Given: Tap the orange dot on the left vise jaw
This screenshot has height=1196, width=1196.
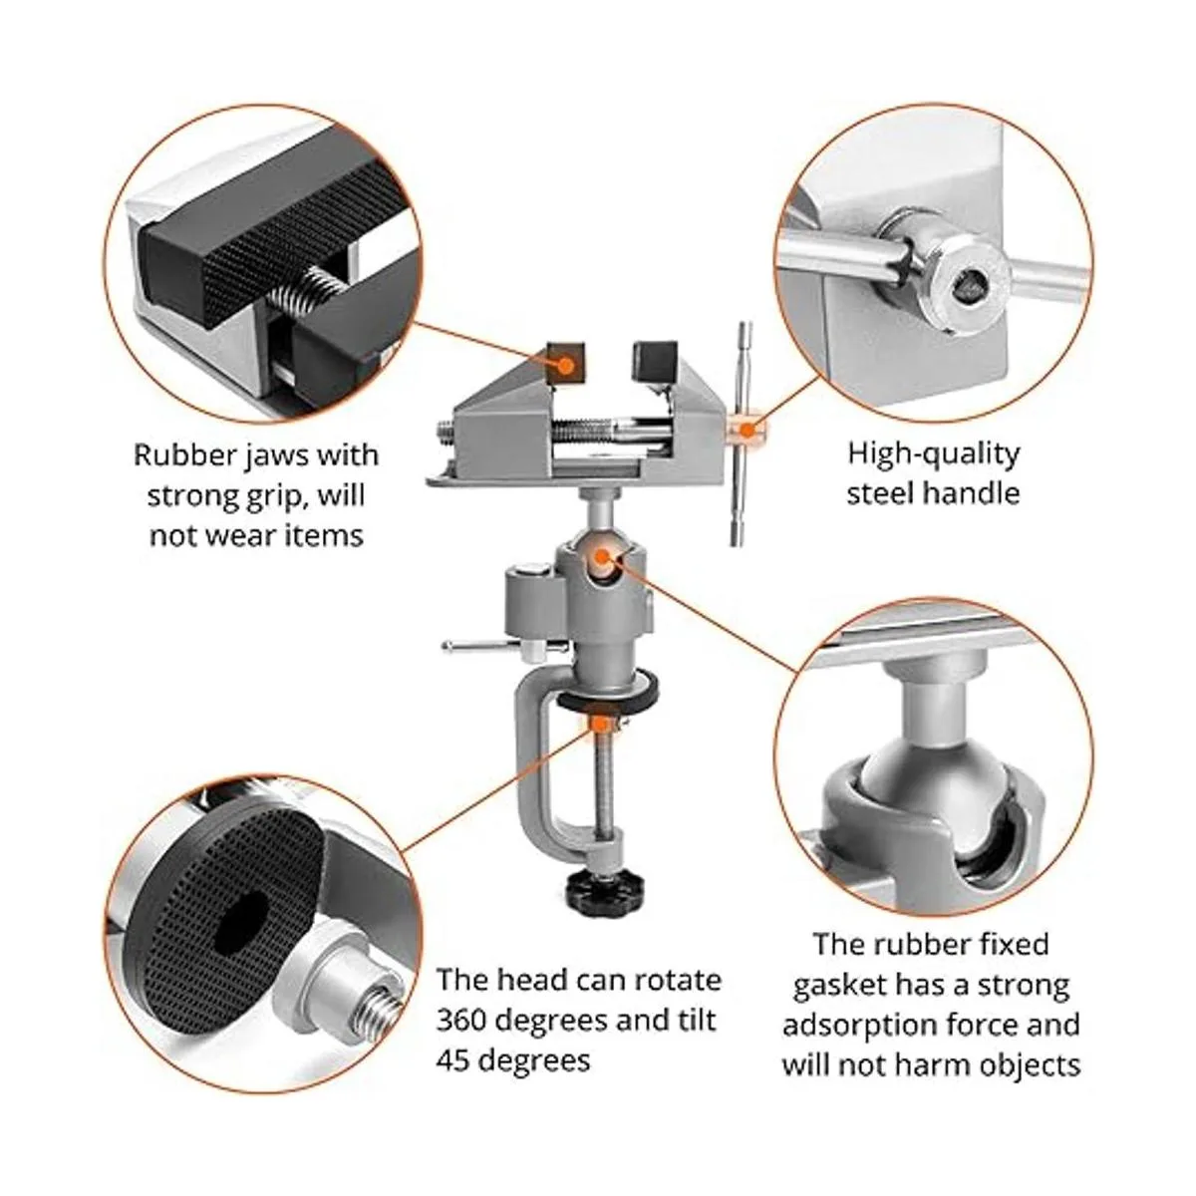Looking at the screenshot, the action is [565, 365].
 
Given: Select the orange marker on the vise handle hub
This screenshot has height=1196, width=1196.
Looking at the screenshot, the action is [747, 429].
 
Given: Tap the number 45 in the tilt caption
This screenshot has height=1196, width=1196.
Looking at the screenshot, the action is [453, 1060].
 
